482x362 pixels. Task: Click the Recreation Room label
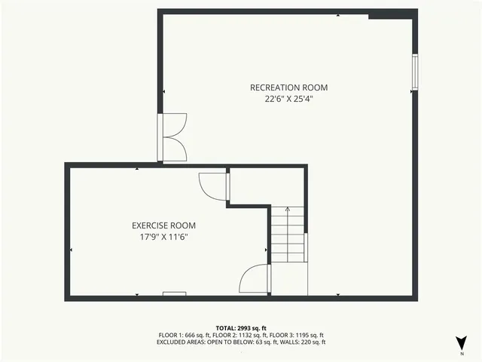click(x=288, y=87)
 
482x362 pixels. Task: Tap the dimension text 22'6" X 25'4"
click(x=288, y=98)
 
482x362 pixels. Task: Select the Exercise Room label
click(x=163, y=225)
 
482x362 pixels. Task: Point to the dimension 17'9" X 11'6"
click(x=163, y=237)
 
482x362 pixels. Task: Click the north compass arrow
click(x=462, y=341)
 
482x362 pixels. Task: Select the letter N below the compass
click(x=462, y=353)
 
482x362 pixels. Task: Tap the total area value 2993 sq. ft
click(x=252, y=328)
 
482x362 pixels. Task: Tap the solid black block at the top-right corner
click(x=392, y=14)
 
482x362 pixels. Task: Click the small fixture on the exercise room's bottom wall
click(x=175, y=294)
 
